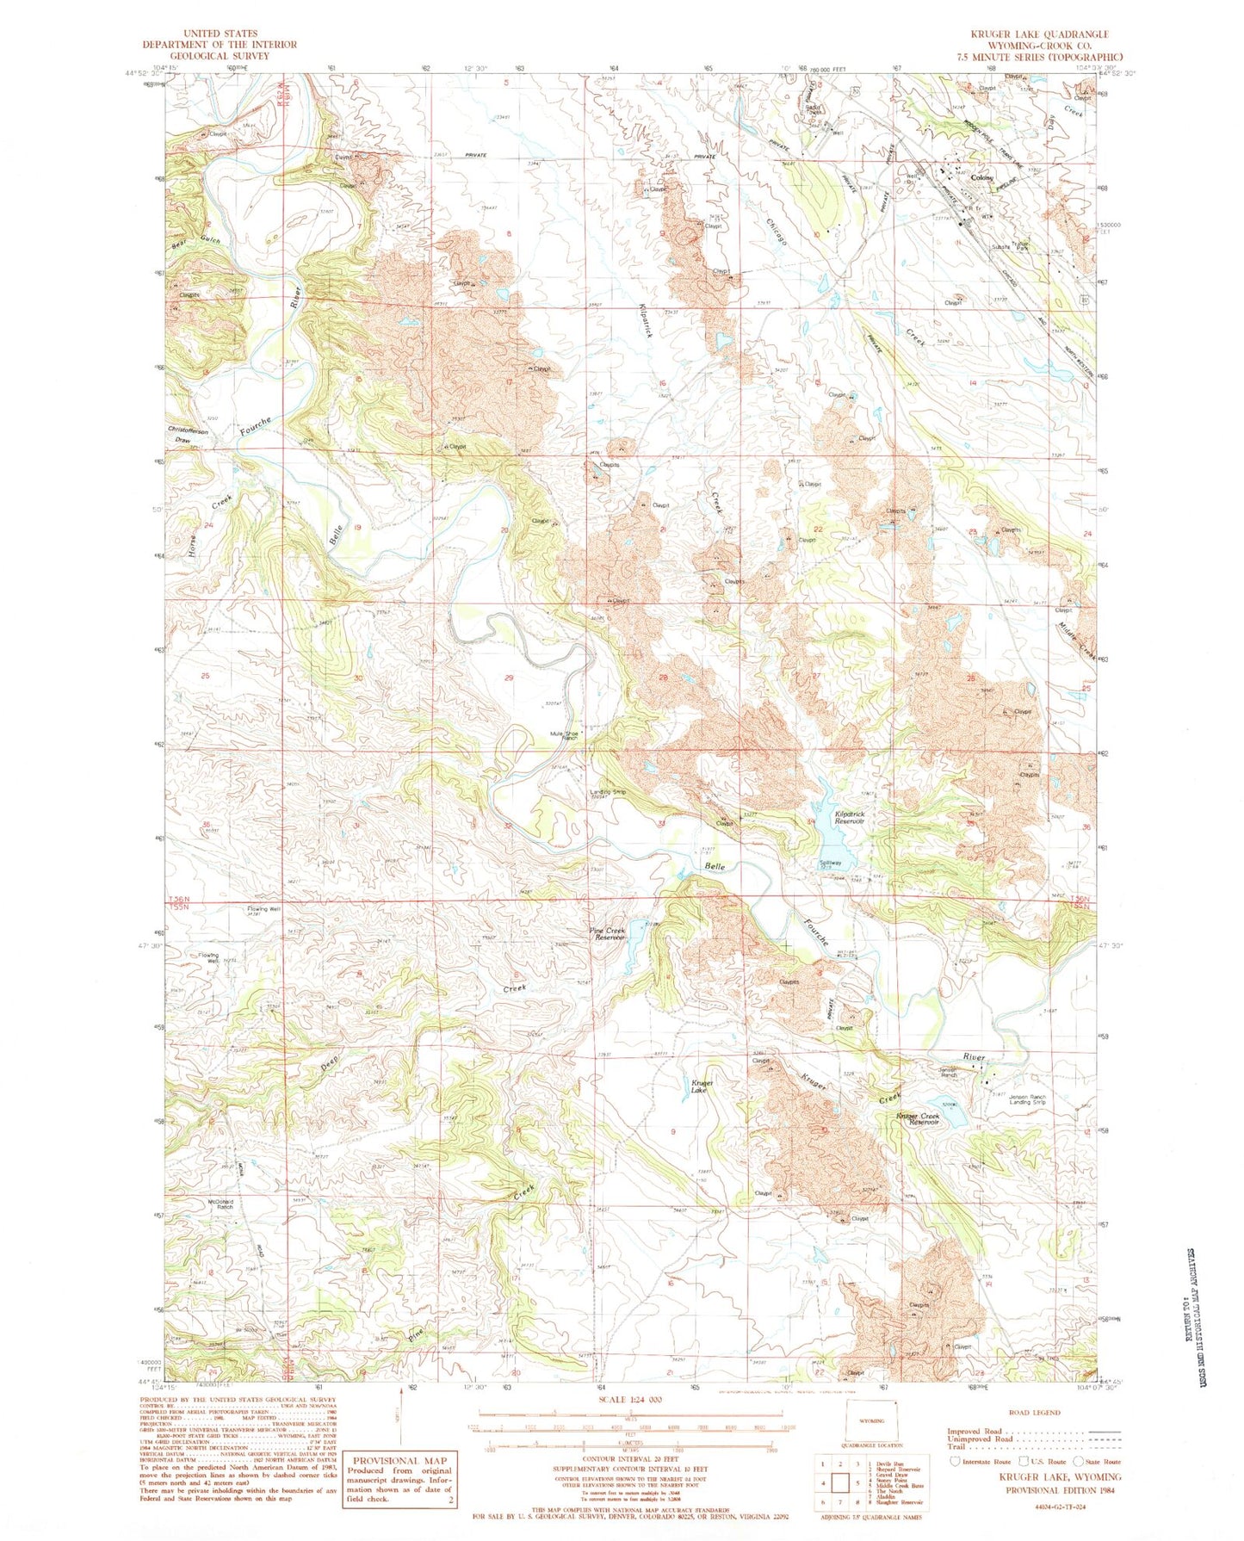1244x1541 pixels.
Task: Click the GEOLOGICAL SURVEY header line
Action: click(x=220, y=56)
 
